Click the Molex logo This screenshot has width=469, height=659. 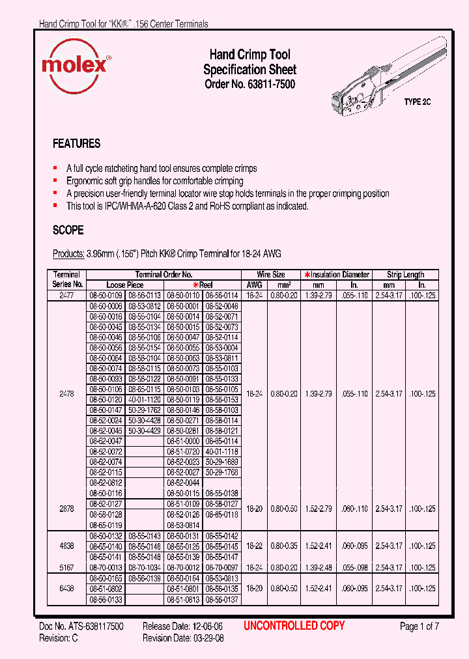(75, 66)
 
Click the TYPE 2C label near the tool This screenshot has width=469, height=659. (418, 102)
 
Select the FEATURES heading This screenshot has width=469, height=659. (76, 144)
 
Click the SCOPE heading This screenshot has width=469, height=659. (68, 231)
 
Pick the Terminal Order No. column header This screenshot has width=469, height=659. (163, 275)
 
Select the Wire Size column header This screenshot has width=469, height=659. (271, 275)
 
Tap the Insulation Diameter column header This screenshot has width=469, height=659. (339, 275)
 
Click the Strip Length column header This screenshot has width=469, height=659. (405, 275)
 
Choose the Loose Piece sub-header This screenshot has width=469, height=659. (125, 285)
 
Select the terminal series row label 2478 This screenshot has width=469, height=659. (66, 394)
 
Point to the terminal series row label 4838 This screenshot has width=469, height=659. (66, 545)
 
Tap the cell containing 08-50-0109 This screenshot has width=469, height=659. (106, 296)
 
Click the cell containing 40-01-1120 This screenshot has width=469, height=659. (144, 399)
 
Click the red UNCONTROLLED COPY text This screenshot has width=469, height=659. (294, 626)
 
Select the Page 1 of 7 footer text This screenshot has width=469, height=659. (419, 626)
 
